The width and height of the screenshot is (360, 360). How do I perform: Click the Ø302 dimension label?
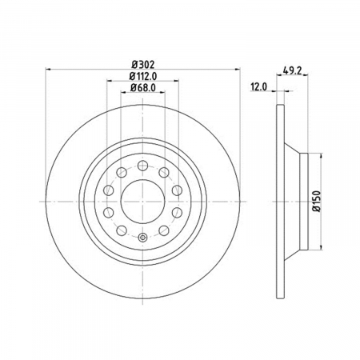point(143,65)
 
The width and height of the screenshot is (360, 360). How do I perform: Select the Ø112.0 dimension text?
point(143,77)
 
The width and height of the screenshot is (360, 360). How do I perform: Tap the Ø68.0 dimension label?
point(143,88)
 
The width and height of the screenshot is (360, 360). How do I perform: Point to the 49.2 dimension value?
point(292,70)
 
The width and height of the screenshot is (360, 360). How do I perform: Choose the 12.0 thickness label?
point(258,87)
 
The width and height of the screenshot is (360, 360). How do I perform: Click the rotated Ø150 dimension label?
point(316,202)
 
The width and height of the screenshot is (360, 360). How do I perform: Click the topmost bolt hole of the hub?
point(143,166)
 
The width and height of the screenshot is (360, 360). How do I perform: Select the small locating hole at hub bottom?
point(143,237)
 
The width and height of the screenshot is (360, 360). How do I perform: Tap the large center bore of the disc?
point(143,202)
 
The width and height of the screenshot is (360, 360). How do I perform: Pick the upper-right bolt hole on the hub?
point(164,172)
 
